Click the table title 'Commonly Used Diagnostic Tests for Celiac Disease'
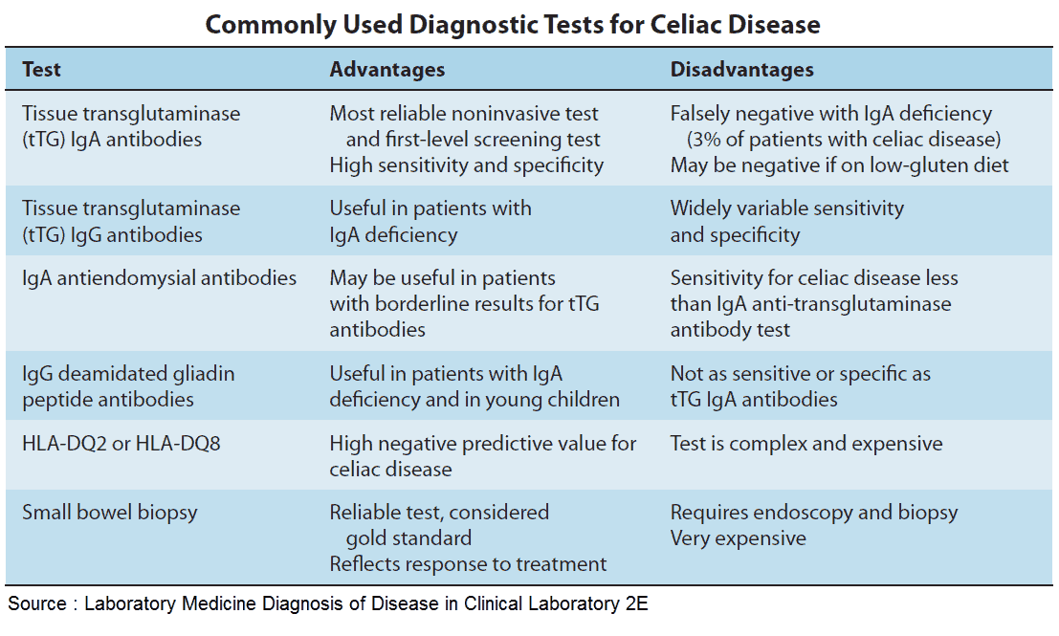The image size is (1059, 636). pos(513,24)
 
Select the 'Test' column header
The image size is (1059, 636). pos(42,70)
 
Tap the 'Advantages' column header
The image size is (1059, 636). pos(387,70)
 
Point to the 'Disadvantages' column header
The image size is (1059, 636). pos(741,70)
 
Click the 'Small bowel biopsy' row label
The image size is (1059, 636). pos(110,512)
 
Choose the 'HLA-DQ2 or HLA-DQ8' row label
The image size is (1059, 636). pos(121,444)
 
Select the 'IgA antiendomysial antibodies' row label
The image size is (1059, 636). pos(160,278)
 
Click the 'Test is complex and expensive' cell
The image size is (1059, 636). pos(805,444)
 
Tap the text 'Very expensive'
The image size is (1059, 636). pos(738,538)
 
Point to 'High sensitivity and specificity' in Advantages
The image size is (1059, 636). pos(467,165)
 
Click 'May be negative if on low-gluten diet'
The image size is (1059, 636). pos(839,165)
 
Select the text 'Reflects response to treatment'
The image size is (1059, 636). pos(468,564)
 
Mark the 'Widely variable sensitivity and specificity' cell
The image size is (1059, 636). pos(786,221)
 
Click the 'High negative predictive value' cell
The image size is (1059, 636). pos(482,456)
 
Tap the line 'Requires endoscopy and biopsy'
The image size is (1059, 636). pos(813,513)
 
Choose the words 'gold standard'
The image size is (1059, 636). pos(408,538)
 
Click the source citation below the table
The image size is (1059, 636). pos(328,604)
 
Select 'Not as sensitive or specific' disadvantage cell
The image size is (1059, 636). pos(800,386)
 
